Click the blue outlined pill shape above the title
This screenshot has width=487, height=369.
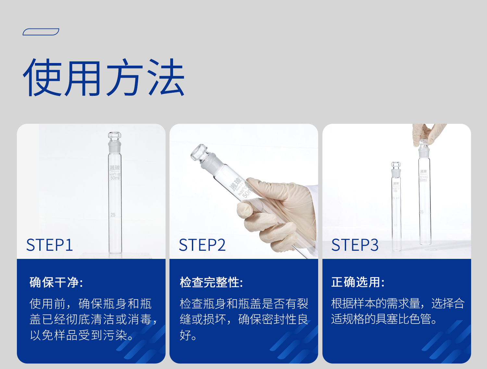point(41,32)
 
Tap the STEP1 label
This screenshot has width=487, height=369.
point(49,245)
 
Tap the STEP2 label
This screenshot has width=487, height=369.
point(202,245)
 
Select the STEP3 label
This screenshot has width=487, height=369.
point(355,245)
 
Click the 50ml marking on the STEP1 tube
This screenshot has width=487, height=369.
point(115,178)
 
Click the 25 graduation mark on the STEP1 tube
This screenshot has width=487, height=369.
point(113,215)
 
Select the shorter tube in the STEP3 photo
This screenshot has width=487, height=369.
point(396,211)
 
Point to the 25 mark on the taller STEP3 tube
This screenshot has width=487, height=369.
point(421,212)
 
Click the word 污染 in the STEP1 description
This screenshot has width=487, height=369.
point(115,335)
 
